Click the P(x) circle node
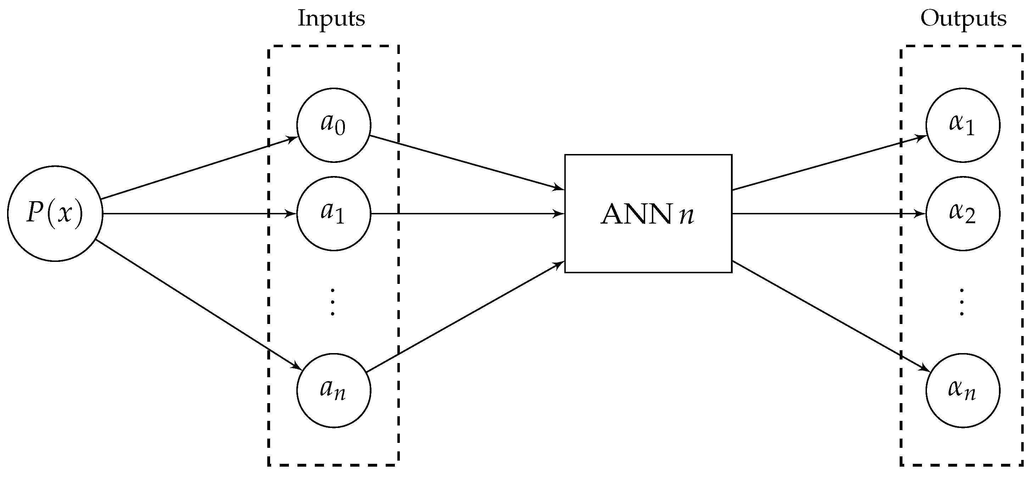pos(55,213)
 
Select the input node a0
pos(334,125)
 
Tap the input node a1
pos(334,213)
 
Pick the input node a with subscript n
pos(334,390)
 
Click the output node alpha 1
pos(962,125)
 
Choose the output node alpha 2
pos(962,213)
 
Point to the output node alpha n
pos(962,390)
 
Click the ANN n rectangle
pos(648,213)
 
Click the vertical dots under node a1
pos(332,302)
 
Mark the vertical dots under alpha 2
pos(961,302)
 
